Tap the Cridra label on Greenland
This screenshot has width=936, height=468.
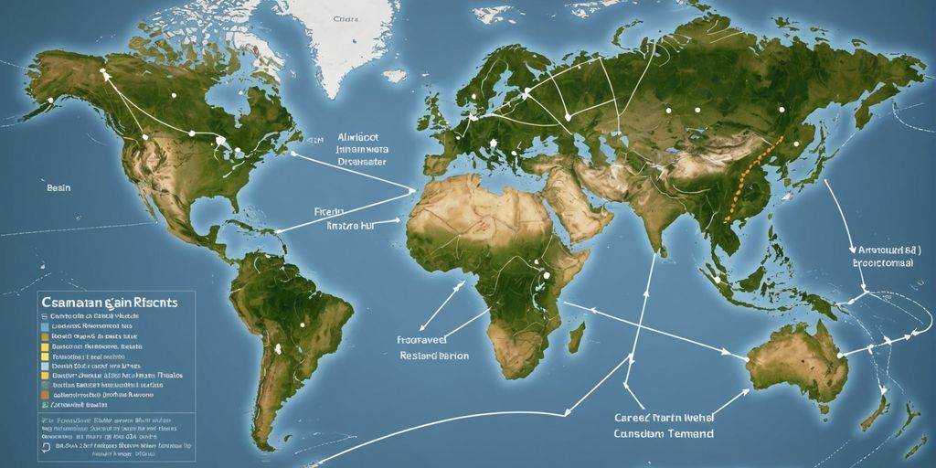click(x=346, y=17)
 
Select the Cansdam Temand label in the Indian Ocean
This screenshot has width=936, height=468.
click(x=664, y=433)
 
